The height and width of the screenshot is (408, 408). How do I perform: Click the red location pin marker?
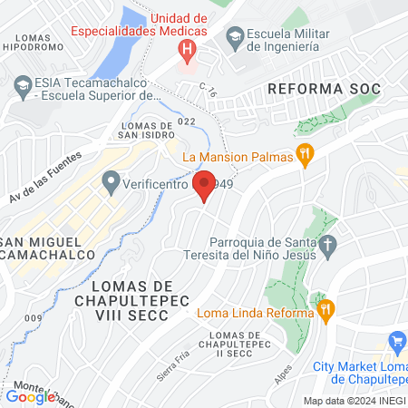(x=204, y=185)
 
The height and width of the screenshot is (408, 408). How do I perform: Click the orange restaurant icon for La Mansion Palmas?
(x=305, y=156)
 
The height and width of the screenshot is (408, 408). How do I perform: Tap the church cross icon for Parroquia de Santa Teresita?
(x=328, y=244)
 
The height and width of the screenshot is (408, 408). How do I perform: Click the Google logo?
(x=30, y=396)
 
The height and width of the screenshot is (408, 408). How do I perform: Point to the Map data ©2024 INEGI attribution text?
(x=354, y=400)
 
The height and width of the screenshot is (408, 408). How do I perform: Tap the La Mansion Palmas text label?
(x=238, y=157)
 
